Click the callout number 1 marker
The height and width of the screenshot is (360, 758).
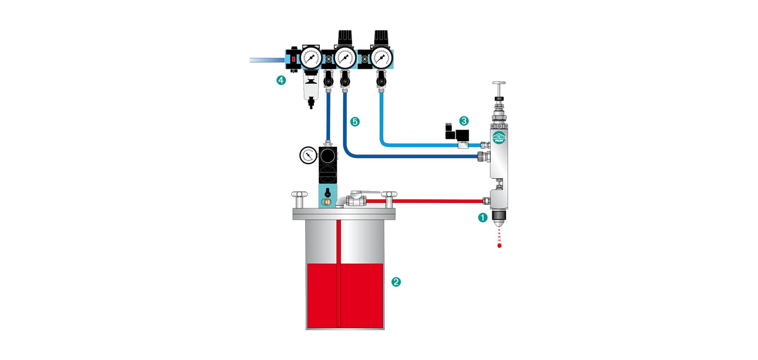tap(483, 218)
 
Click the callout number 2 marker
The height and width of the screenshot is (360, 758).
tap(396, 282)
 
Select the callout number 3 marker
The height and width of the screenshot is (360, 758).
tap(464, 121)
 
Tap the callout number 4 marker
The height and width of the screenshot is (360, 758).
tap(281, 80)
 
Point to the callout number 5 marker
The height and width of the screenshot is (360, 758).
tap(355, 122)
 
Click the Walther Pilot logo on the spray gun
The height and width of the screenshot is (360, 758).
tap(499, 138)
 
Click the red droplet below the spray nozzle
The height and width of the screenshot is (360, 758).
tap(499, 245)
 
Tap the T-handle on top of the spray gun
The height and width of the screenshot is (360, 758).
tap(499, 84)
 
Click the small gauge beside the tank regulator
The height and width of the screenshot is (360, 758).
tap(308, 155)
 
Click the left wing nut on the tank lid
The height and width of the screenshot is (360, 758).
tap(299, 195)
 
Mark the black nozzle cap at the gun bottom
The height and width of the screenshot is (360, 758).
tap(499, 218)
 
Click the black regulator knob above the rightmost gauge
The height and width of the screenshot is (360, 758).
tap(382, 37)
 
